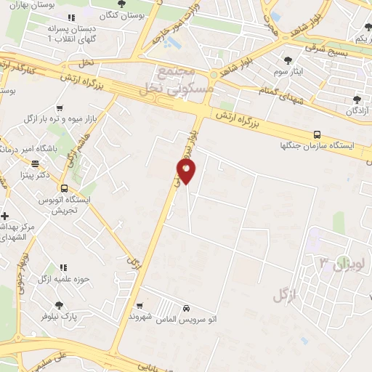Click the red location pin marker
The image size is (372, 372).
point(186,171)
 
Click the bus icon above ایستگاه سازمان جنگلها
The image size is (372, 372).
point(316,134)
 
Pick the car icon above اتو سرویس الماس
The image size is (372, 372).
point(187,308)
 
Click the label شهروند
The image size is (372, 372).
point(139,318)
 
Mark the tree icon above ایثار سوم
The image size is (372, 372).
point(288,60)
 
